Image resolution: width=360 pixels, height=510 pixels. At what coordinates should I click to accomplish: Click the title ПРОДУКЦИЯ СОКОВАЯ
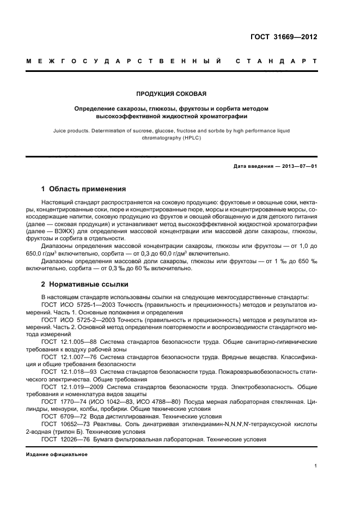coord(172,94)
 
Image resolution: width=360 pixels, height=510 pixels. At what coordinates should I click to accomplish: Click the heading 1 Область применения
coord(84,189)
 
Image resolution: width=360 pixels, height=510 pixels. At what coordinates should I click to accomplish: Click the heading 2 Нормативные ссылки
coord(85,284)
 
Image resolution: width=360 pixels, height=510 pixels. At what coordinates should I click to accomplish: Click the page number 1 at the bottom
coord(316,466)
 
